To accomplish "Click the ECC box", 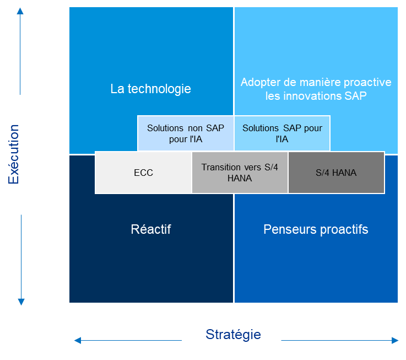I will [x=143, y=173].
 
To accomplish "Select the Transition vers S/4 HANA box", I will [x=240, y=173].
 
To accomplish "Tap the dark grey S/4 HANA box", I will [x=336, y=173].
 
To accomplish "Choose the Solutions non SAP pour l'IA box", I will [x=186, y=133].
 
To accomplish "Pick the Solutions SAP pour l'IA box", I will [x=282, y=133].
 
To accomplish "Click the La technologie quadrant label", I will [x=150, y=89].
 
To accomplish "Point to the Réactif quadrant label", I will [x=151, y=229].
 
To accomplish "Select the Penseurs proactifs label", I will [x=316, y=229].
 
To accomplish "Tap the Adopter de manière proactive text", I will [x=316, y=82].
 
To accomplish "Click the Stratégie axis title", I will [x=233, y=335].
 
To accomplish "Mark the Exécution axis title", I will [x=14, y=154].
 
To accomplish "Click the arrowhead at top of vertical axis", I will [x=21, y=12].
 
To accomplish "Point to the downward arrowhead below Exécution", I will [x=21, y=302].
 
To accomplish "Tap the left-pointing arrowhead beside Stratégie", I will [x=78, y=341].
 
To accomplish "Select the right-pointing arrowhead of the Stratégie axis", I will [x=395, y=341].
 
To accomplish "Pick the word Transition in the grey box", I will [x=221, y=167].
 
